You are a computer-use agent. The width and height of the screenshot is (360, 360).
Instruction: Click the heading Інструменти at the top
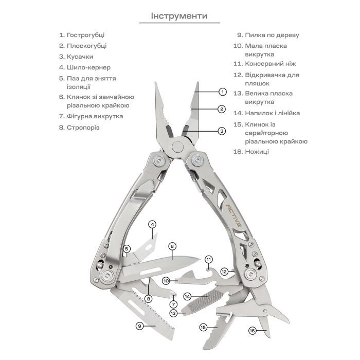coord(179,15)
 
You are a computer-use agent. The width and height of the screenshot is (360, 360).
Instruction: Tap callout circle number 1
coord(222,92)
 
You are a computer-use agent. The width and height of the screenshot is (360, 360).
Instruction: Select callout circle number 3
coord(222,131)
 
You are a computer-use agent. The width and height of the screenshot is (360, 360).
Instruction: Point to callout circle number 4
coord(152,224)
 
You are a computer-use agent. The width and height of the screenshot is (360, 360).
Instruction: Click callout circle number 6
coord(172,246)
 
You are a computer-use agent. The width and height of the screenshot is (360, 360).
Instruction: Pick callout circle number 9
coord(139,326)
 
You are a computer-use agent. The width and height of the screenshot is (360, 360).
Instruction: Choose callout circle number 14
coord(188,297)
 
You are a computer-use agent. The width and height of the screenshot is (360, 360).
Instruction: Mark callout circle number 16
coord(253,330)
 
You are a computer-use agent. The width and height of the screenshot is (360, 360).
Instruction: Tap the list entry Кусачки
coord(80,57)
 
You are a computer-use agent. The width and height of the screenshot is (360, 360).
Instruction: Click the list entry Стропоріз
coord(82,127)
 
